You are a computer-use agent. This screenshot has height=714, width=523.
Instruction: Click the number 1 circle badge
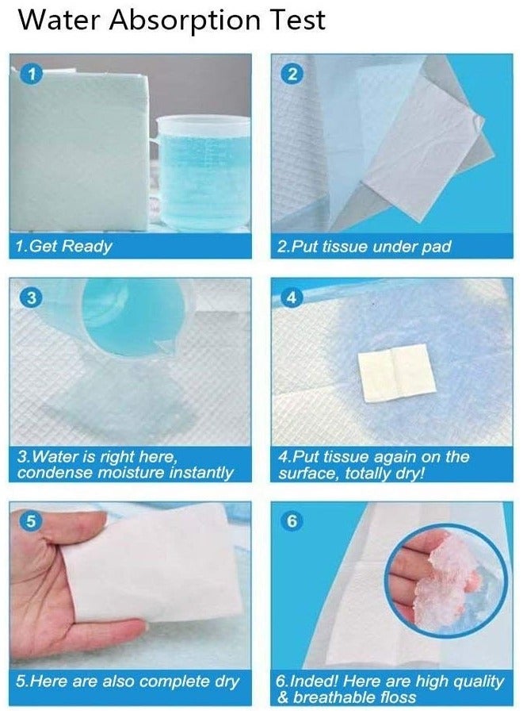[x=32, y=74]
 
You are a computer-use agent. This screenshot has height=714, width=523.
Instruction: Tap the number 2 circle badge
[x=292, y=74]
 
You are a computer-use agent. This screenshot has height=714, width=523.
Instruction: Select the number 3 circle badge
[x=32, y=297]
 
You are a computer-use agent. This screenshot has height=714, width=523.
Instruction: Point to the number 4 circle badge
[x=292, y=297]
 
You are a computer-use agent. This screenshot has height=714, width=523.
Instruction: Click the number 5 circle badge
[x=30, y=521]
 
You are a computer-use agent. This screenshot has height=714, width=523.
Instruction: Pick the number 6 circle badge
[x=292, y=521]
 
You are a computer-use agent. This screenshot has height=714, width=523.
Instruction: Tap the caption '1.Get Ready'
[x=63, y=247]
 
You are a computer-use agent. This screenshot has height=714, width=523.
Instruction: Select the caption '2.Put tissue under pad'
[x=364, y=247]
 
